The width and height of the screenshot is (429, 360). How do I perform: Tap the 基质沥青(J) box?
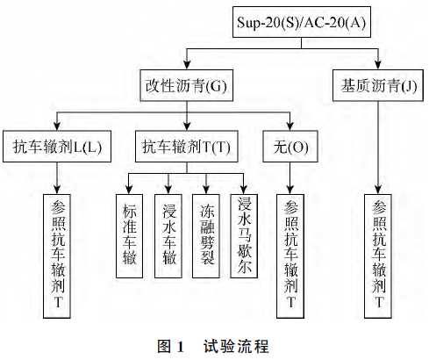pyautogui.click(x=377, y=86)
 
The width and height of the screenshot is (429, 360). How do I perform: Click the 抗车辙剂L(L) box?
pyautogui.click(x=58, y=147)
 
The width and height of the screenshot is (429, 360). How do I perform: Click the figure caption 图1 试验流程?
pyautogui.click(x=213, y=346)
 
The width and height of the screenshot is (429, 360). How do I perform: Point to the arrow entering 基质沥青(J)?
pyautogui.click(x=377, y=61)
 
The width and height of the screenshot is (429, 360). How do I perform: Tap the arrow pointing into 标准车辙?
pyautogui.click(x=128, y=184)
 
